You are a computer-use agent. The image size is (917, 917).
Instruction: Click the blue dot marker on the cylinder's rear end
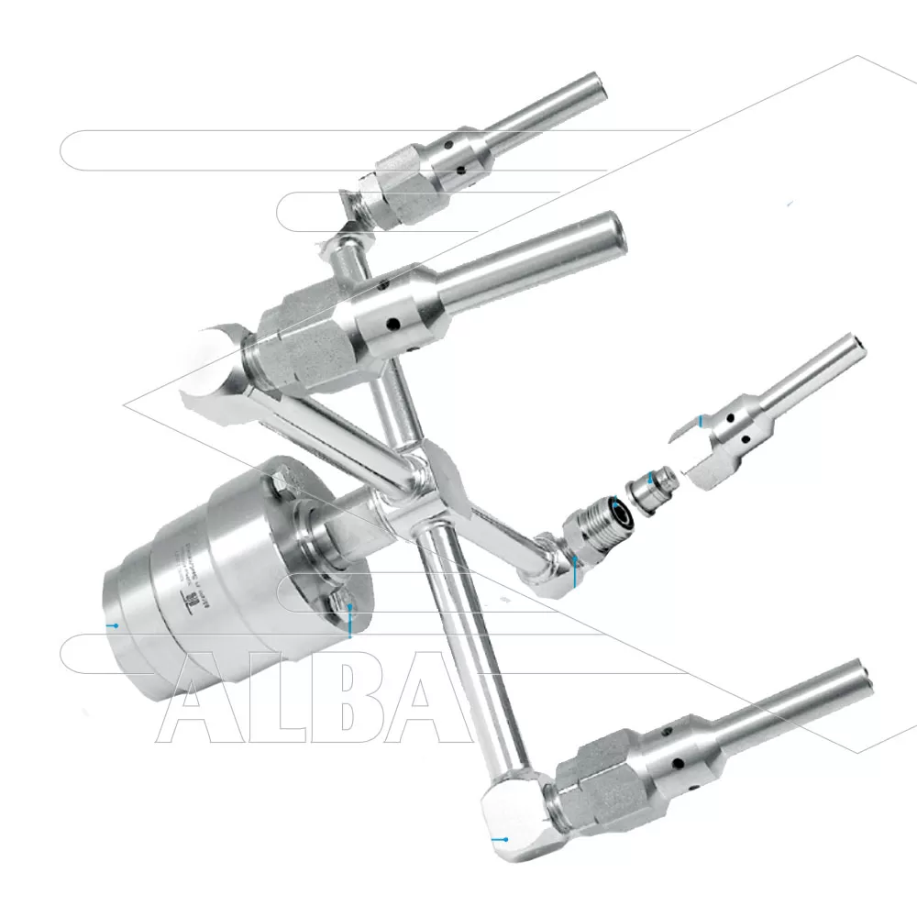[115, 625]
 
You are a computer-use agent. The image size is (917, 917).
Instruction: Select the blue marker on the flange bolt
[349, 633]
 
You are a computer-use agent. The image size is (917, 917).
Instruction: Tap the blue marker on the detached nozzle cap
[701, 420]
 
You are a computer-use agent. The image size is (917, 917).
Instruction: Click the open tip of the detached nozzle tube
[859, 344]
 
